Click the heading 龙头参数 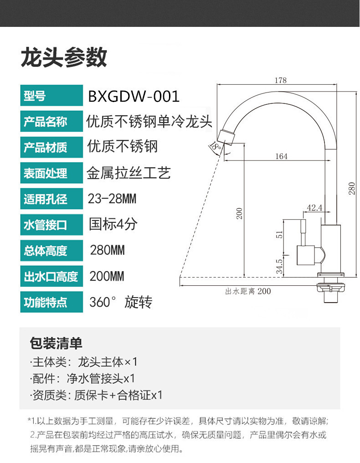(x=64, y=57)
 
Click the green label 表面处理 (x=45, y=174)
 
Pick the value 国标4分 (x=113, y=224)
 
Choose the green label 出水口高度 (x=51, y=277)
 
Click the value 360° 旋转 (x=121, y=302)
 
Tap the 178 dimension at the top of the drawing (x=281, y=81)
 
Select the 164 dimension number (x=281, y=156)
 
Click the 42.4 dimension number (x=314, y=208)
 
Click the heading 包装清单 (x=56, y=342)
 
